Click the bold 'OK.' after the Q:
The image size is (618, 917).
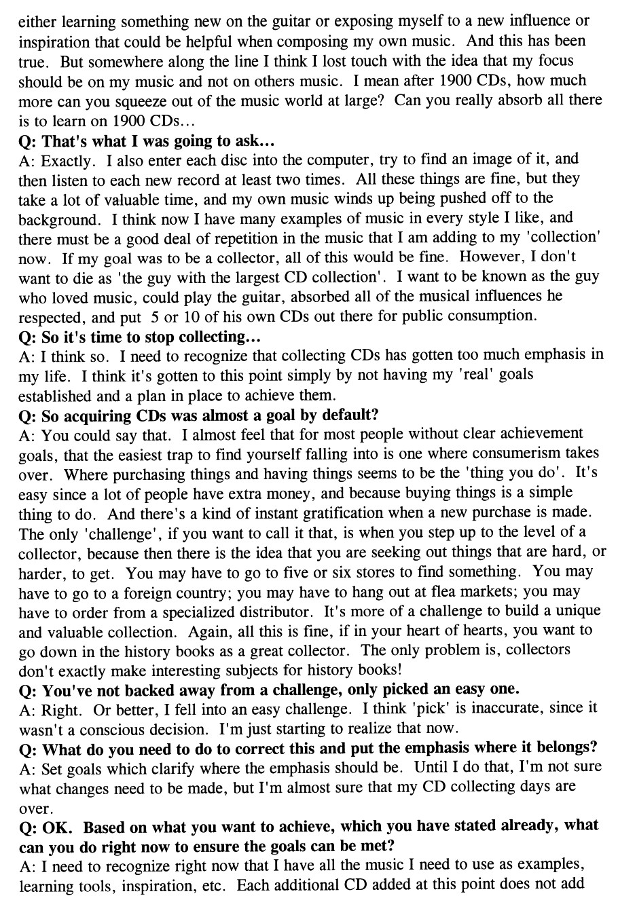tap(60, 827)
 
